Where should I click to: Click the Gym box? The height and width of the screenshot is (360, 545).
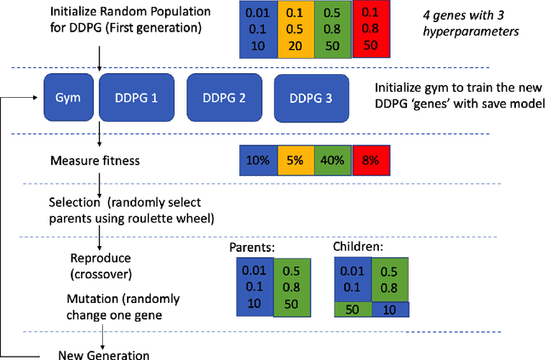pyautogui.click(x=68, y=98)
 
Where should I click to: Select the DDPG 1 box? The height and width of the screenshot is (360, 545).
pyautogui.click(x=135, y=98)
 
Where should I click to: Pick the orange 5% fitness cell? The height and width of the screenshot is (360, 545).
pyautogui.click(x=295, y=159)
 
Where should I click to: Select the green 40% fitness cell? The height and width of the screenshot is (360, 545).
pyautogui.click(x=332, y=159)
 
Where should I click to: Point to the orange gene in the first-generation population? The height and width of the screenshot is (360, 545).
pyautogui.click(x=295, y=28)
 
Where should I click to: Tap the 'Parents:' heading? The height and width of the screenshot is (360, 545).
pyautogui.click(x=253, y=248)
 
